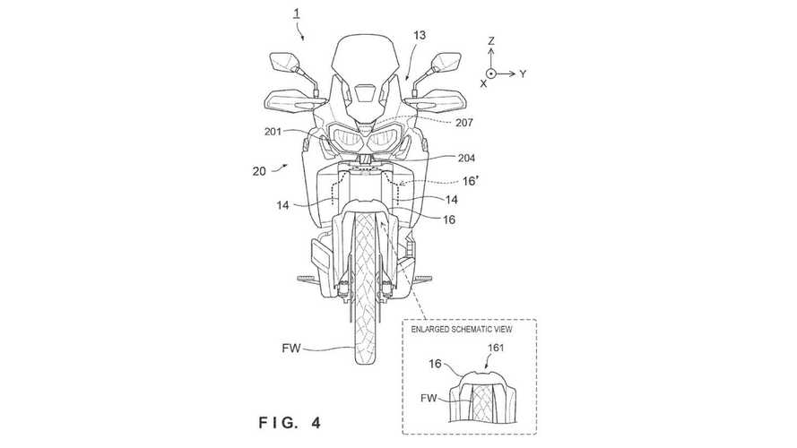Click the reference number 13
click(420, 36)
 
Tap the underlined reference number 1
click(297, 13)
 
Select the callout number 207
click(464, 123)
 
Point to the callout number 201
click(273, 132)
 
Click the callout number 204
click(466, 158)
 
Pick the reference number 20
click(259, 171)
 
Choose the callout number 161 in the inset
click(496, 348)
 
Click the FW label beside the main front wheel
click(291, 349)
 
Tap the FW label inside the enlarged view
click(429, 398)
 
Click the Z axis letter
click(491, 41)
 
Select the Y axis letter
click(523, 74)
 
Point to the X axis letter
click(483, 84)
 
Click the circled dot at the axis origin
click(491, 73)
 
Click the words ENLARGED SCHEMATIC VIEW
click(462, 329)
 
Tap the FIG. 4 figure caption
click(290, 423)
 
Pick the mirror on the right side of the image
click(446, 62)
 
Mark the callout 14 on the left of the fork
click(283, 205)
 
